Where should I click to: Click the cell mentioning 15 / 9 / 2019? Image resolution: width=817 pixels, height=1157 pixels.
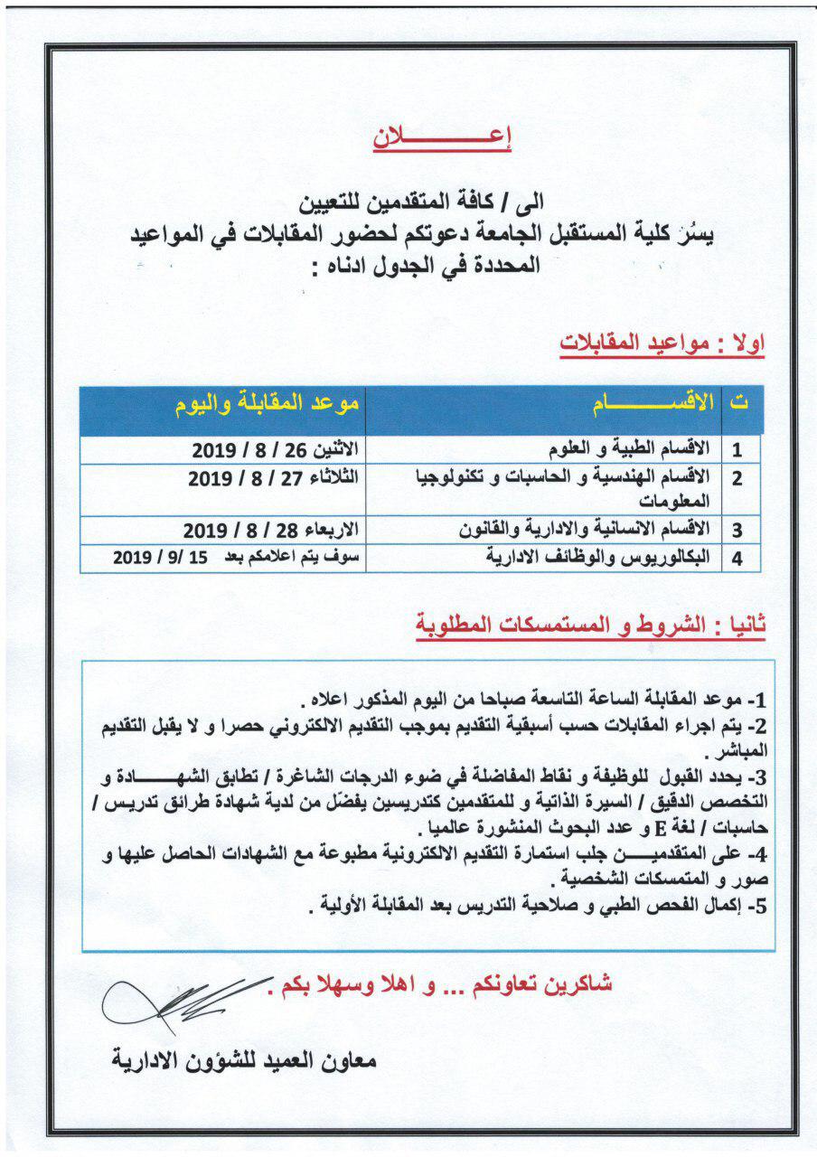[237, 559]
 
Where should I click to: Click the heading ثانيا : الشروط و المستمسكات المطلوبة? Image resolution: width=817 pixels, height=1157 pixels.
[591, 625]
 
